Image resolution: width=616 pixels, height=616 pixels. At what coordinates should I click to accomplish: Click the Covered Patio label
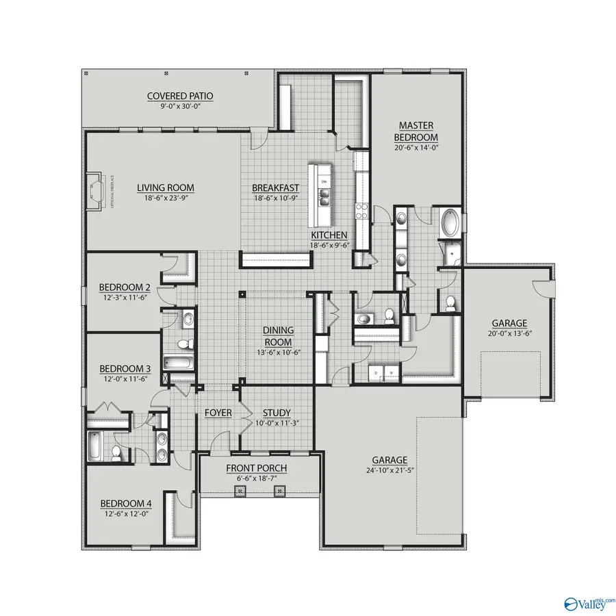(180, 96)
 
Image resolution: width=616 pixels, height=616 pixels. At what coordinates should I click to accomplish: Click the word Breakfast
(276, 188)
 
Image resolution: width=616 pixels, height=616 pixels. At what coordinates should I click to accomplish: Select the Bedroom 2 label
(125, 287)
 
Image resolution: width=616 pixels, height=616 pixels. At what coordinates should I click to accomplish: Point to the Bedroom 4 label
(126, 504)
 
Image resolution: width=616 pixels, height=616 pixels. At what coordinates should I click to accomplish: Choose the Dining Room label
(278, 336)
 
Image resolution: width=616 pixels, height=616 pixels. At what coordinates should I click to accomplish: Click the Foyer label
(218, 413)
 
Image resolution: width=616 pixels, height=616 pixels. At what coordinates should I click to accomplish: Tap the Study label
(277, 413)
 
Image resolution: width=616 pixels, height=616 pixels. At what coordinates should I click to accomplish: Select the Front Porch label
(257, 468)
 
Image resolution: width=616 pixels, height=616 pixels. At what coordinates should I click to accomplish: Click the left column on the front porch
(240, 490)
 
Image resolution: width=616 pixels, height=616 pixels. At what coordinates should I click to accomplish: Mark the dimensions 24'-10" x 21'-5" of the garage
(389, 470)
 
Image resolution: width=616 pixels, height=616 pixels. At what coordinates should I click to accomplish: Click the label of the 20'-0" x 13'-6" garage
(509, 323)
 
